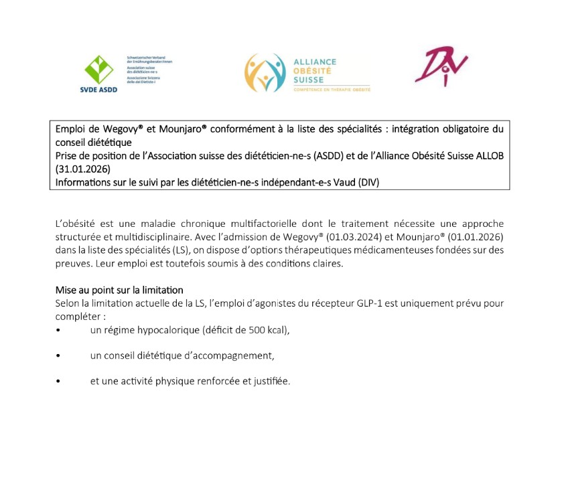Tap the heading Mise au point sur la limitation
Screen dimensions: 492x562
[x=119, y=291]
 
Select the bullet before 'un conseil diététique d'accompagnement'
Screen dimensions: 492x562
[x=59, y=356]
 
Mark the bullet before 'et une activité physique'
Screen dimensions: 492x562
[x=59, y=382]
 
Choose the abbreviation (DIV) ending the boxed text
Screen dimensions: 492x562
[x=367, y=181]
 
